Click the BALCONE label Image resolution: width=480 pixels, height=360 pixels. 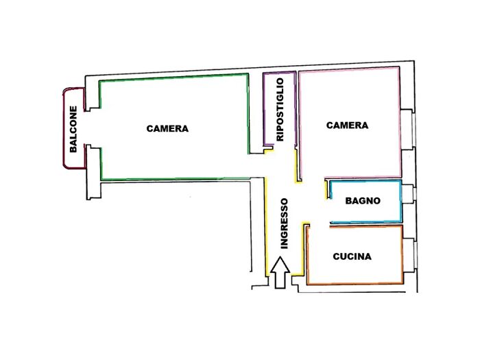coord(73,129)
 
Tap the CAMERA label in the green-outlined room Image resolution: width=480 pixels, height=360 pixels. coord(167,129)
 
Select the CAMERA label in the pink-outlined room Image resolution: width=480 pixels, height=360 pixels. coord(347,125)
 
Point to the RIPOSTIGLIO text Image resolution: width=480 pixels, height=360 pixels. coord(280,109)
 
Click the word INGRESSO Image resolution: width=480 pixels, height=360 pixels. coord(285,224)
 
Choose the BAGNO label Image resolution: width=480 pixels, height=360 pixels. coord(363,201)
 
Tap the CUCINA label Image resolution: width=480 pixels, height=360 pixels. coord(352,256)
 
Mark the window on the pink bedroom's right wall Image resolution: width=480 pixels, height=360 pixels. coord(408,130)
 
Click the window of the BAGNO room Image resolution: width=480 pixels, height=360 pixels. coord(409,194)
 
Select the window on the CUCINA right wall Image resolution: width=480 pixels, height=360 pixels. coord(409,254)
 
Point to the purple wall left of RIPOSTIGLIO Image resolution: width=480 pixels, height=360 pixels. coord(264,109)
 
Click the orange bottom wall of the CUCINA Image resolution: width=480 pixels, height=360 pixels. coord(355,283)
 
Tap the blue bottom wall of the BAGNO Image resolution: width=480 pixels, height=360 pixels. coord(365,221)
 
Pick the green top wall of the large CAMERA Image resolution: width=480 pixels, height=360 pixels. coord(173,77)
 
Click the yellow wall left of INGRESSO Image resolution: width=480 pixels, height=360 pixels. coord(266,226)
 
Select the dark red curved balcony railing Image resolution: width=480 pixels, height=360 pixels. coord(64,128)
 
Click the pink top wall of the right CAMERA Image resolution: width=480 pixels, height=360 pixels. coord(349,69)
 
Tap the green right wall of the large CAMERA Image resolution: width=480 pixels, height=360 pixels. coord(248,114)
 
